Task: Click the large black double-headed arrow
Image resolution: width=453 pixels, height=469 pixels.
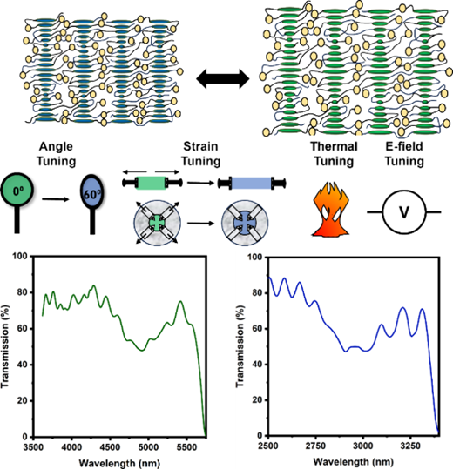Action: coord(223,79)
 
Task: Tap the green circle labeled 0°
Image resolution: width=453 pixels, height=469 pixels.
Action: coord(17,191)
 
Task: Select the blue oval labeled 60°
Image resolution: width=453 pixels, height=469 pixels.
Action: coord(92,193)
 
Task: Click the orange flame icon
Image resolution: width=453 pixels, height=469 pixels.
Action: coord(330,210)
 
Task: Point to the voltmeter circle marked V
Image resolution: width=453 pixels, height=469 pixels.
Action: coord(404,212)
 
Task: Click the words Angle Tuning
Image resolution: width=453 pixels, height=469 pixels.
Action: coord(56,154)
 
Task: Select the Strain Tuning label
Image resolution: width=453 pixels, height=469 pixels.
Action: coord(200,154)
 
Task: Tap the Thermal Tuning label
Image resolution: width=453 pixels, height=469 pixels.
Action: coord(334,154)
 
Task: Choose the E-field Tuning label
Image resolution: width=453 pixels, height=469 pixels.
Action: coord(404,154)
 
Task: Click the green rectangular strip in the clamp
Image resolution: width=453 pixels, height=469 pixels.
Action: coord(152,183)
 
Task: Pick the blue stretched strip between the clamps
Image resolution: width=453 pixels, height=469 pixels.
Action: coord(252,183)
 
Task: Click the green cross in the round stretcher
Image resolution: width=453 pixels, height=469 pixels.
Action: coord(157,223)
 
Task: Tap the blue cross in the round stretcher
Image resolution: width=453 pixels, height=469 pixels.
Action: coord(245,223)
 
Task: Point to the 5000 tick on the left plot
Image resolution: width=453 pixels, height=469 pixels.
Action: coord(148,447)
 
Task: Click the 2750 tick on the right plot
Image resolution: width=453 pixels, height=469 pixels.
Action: coord(315,446)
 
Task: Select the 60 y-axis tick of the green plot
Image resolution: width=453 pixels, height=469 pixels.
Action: coord(22,328)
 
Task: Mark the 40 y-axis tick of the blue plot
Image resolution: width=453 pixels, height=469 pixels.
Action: coord(257,365)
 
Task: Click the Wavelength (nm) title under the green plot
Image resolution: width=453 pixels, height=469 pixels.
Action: coord(119,463)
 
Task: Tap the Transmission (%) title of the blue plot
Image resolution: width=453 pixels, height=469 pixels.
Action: coord(240,346)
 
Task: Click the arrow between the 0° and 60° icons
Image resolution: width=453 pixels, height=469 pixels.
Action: coord(56,199)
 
